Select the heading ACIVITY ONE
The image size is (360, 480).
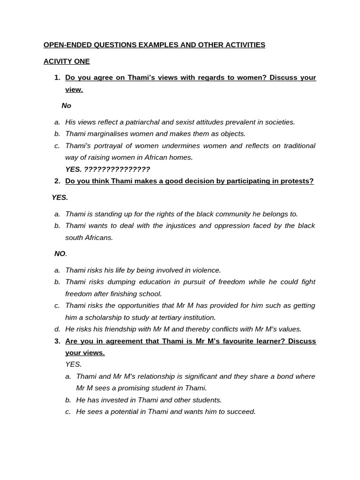(67, 61)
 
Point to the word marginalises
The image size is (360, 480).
(108, 134)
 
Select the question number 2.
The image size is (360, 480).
(57, 181)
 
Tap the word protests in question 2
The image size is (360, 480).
(298, 181)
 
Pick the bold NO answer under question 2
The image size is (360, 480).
(60, 254)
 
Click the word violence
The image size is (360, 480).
(205, 270)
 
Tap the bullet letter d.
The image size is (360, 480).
(57, 329)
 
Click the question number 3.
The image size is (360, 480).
(57, 341)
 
